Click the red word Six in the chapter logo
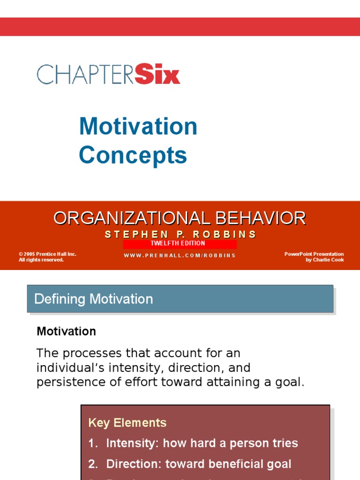[157, 75]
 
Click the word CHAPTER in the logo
[85, 75]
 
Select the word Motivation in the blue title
[138, 127]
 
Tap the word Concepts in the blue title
[133, 155]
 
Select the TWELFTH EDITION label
[178, 244]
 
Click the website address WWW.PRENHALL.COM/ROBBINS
[180, 255]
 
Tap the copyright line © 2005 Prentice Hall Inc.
[47, 254]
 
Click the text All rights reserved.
[41, 260]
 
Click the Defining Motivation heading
[94, 299]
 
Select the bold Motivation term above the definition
[66, 331]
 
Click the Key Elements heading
[127, 422]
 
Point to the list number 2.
[92, 464]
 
